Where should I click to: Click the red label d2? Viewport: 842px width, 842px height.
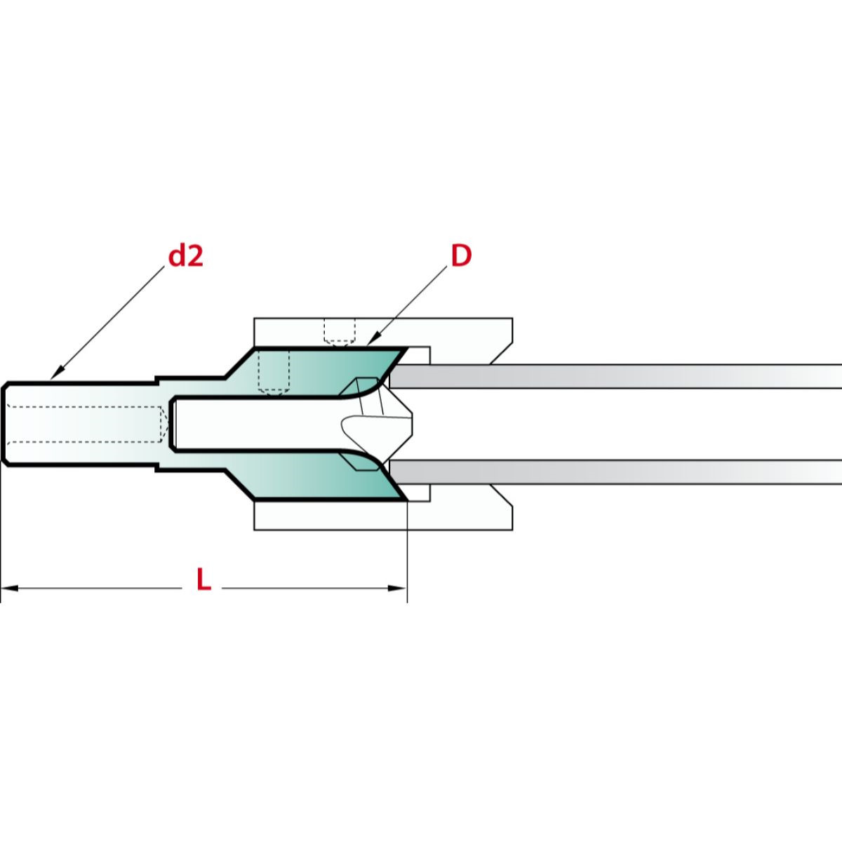(185, 257)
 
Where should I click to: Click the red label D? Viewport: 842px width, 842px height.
(461, 257)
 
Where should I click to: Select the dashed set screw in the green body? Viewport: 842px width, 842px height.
(274, 372)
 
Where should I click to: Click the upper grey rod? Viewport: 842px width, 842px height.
(617, 376)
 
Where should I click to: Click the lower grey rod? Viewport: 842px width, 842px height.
(617, 472)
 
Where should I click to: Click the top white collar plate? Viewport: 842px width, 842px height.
(382, 330)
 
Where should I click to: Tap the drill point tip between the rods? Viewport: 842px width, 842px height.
(410, 424)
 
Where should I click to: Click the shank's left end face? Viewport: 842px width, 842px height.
(3, 423)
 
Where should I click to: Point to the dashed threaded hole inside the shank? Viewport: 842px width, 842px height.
(84, 423)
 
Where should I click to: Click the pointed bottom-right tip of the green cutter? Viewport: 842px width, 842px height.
(406, 500)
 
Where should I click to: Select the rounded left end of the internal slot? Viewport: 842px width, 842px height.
(173, 423)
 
